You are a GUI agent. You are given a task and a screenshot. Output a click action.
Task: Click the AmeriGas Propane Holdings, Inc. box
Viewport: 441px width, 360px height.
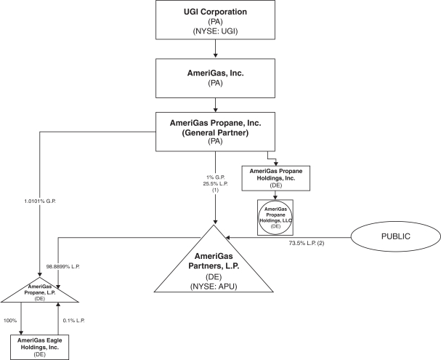pos(280,177)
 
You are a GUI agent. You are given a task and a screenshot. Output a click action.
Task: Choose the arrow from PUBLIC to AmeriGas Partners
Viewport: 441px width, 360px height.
pos(291,236)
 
